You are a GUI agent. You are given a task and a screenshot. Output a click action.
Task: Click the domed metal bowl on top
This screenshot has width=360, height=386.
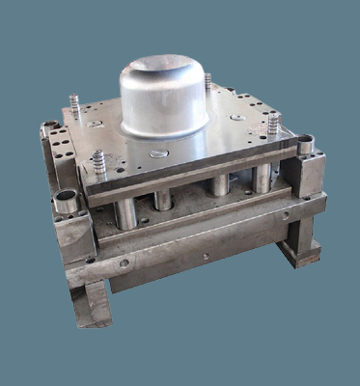pos(164,96)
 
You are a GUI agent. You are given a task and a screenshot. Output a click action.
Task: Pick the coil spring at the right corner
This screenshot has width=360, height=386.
pos(273,124)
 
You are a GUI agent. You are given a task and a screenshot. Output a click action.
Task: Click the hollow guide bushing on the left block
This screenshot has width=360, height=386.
pos(66,201)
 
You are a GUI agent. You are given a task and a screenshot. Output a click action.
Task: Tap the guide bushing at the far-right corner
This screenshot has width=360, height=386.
pos(305,145)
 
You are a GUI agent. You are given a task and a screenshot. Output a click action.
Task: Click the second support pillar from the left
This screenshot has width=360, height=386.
pos(163,199)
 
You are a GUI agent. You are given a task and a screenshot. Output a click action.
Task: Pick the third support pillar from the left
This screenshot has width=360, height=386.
pos(220,184)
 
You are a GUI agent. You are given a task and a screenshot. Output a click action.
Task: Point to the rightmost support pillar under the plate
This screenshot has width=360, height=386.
pos(261,178)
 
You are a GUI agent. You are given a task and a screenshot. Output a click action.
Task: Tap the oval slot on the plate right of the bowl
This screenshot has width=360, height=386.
pos(236,117)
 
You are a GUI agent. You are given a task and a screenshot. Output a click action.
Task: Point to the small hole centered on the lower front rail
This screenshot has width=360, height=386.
pos(205,257)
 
